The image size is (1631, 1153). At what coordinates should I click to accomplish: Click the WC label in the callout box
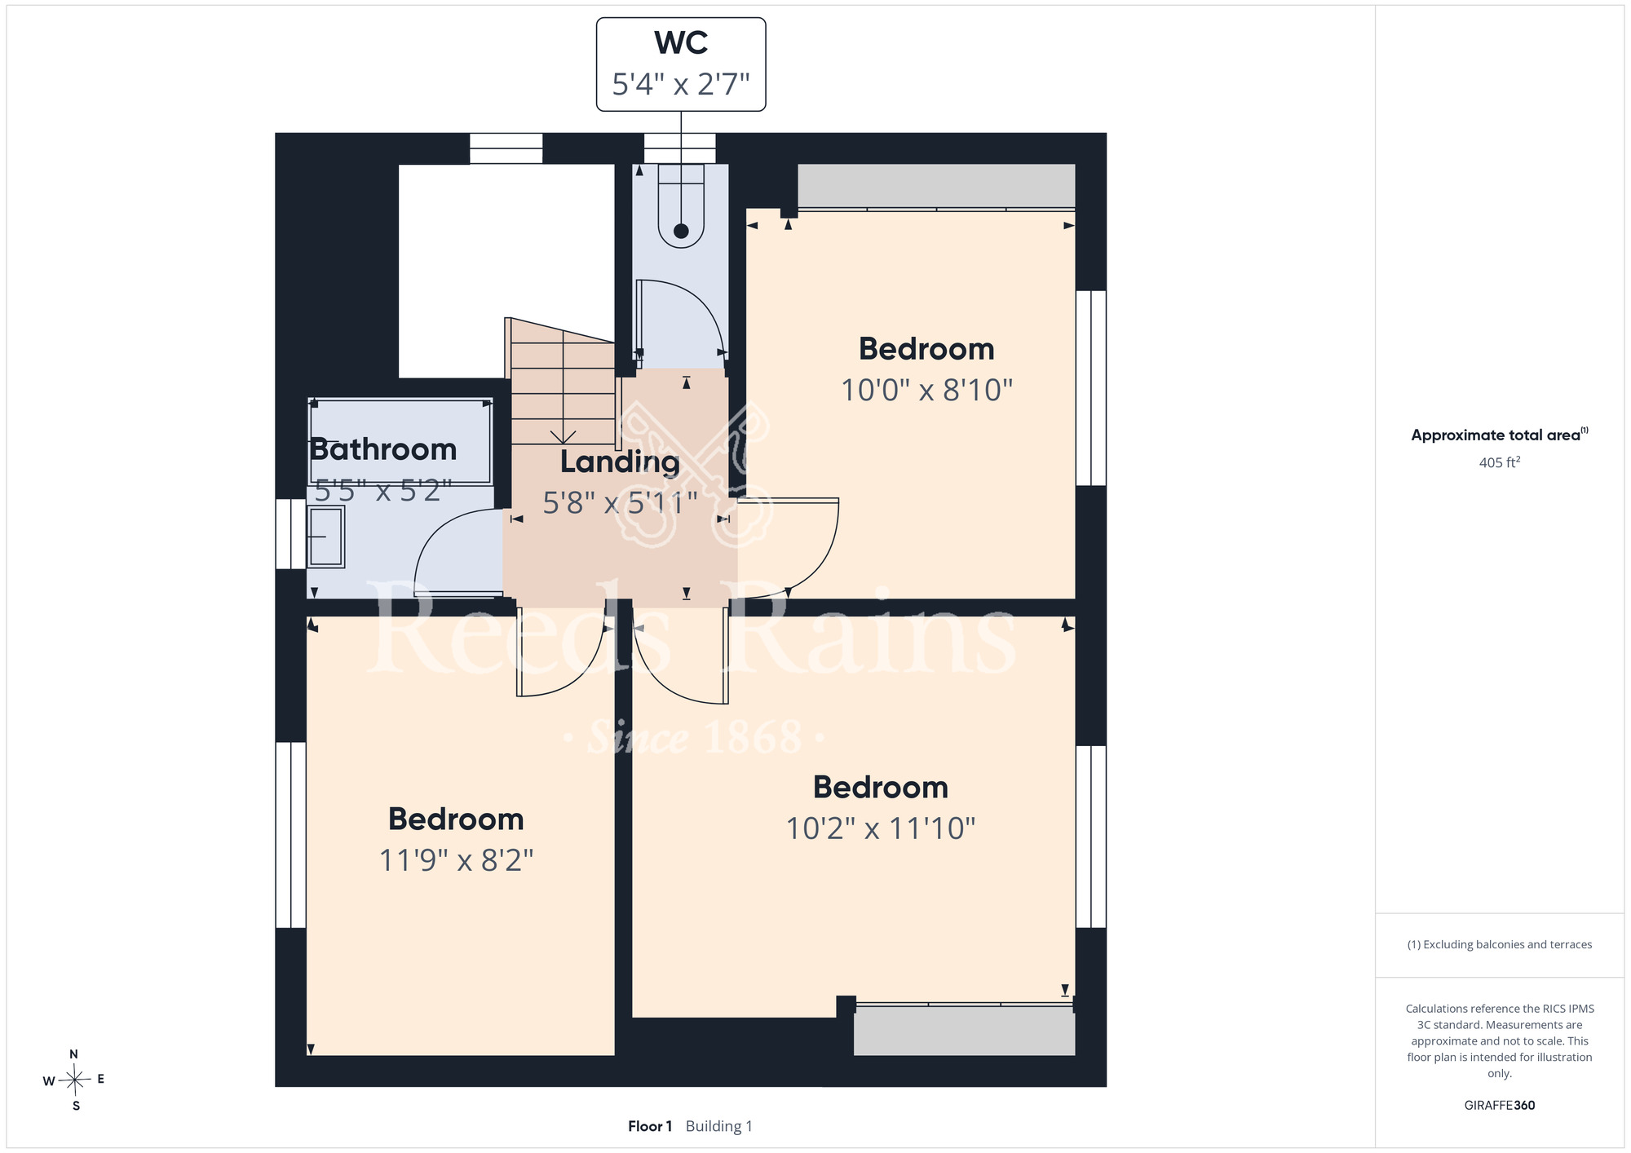(x=681, y=43)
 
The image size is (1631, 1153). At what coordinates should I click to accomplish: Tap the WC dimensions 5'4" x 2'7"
(x=681, y=84)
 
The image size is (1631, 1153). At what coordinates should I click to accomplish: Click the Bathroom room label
(x=383, y=449)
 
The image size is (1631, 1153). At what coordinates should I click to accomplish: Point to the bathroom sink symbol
(x=326, y=537)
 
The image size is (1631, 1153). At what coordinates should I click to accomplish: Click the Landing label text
(x=620, y=462)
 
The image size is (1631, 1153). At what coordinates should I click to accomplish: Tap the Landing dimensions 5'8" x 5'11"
(x=620, y=503)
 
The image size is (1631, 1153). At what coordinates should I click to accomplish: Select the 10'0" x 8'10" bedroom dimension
(x=926, y=390)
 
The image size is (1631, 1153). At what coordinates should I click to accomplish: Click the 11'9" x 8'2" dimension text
(x=456, y=860)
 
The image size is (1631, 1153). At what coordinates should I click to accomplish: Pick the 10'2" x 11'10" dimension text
(x=881, y=828)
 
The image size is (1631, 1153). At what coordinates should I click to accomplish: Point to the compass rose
(x=74, y=1080)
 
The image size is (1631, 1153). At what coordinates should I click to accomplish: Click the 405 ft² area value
(x=1500, y=462)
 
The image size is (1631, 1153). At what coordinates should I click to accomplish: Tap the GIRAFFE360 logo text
(x=1500, y=1106)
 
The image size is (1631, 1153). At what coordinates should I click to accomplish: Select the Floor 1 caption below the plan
(x=650, y=1126)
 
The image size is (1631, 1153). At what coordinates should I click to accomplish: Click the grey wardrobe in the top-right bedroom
(x=936, y=186)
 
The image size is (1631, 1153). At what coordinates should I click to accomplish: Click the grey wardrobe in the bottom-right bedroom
(x=964, y=1032)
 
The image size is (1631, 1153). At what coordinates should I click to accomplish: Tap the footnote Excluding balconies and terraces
(x=1500, y=944)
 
